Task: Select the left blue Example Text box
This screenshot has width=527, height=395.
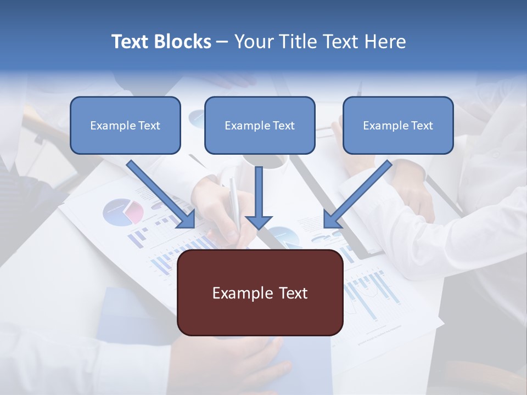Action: point(125,126)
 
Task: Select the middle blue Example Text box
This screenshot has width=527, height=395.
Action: point(260,126)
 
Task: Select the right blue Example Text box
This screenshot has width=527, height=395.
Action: point(398,126)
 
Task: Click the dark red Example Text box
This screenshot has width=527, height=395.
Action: point(260,292)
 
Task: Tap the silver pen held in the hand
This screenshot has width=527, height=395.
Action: point(235,201)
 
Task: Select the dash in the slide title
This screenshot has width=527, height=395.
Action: point(222,42)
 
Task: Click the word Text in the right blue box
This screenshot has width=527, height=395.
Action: point(422,126)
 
